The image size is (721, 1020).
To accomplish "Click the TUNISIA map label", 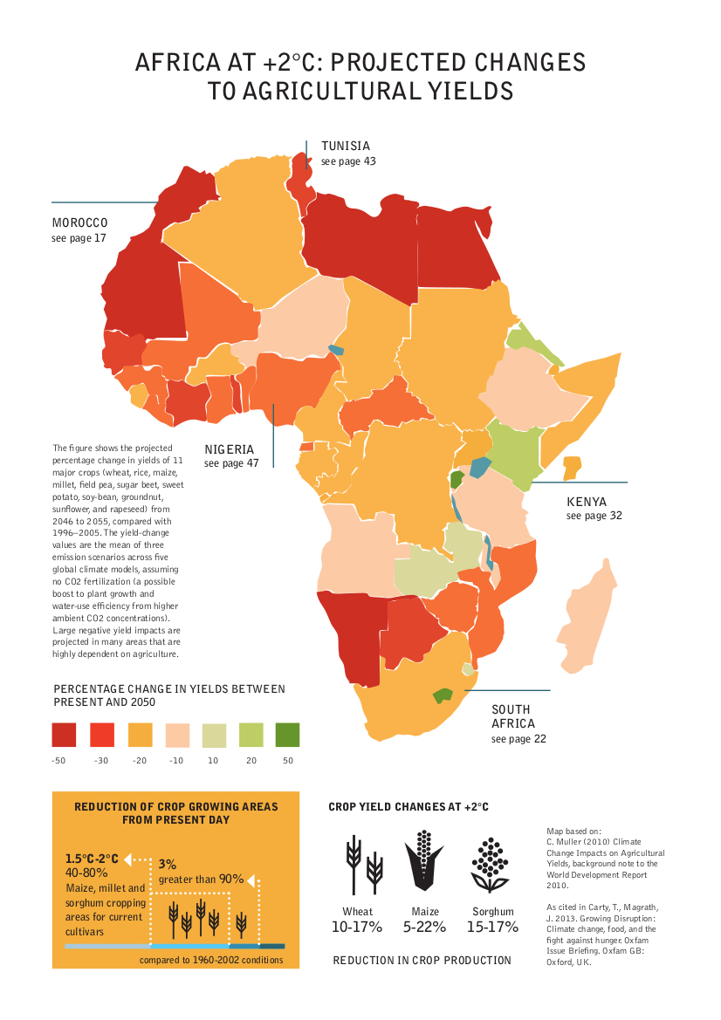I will click(346, 146).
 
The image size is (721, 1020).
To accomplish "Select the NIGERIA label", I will click(230, 449).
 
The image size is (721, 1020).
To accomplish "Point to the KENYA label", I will click(588, 502).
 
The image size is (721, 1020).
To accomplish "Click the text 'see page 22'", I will click(518, 739).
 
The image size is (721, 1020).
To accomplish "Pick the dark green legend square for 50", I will click(287, 735).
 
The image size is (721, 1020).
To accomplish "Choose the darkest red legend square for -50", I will click(64, 735).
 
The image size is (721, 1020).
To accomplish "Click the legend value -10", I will click(175, 761).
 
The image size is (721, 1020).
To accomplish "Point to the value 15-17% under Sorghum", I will click(492, 927).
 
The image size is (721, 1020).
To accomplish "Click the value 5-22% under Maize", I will click(425, 927).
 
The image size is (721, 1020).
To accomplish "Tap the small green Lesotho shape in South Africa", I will click(443, 695).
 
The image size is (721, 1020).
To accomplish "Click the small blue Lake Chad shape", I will click(335, 353).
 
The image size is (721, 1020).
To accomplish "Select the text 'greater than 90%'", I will click(201, 880).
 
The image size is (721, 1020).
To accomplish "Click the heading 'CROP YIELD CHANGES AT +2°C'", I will click(409, 807).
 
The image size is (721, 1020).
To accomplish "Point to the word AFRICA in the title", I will click(171, 64).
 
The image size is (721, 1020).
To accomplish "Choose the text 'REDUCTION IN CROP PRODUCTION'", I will click(422, 961).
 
